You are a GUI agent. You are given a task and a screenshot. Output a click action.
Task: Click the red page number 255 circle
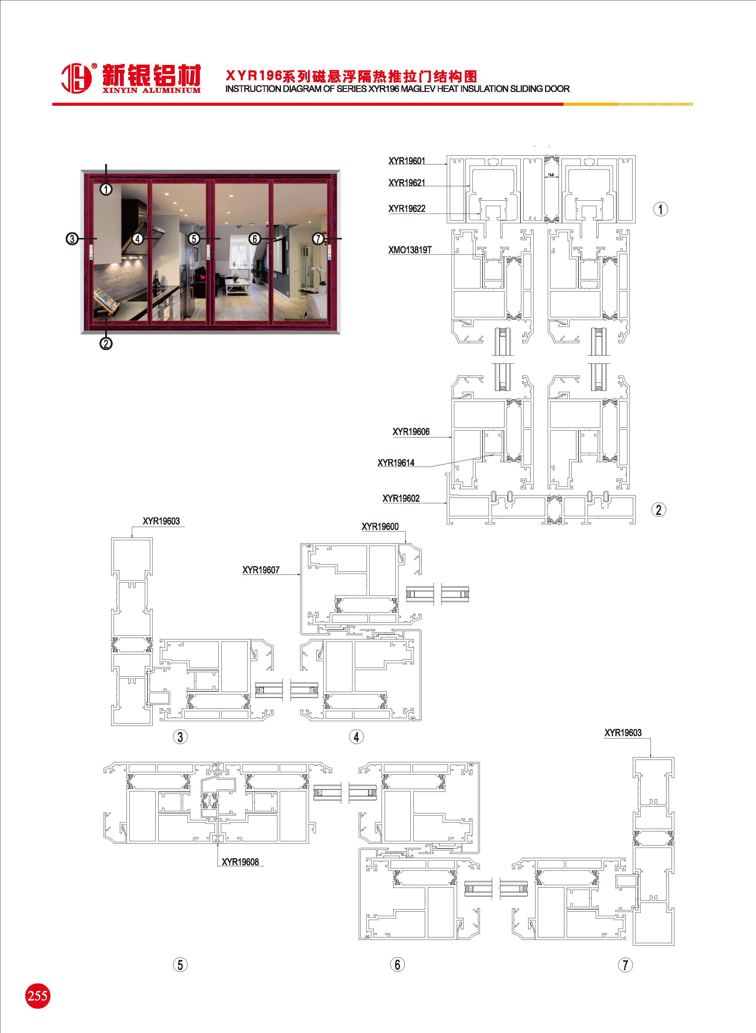point(38,995)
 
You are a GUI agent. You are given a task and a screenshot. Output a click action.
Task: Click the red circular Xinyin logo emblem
point(76,78)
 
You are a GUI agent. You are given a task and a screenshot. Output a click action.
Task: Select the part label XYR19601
point(407,161)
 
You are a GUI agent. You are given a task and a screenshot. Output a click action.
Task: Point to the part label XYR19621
point(407,183)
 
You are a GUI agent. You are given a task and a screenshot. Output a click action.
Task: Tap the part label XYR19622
point(407,209)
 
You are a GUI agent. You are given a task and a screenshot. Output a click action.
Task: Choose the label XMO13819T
point(410,250)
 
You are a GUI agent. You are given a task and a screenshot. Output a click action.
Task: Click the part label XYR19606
point(411,432)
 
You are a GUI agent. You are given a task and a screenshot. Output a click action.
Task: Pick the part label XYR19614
point(396,463)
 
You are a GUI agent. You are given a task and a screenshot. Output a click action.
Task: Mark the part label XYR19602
point(401,499)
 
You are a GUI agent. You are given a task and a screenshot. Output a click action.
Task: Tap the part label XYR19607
point(261,570)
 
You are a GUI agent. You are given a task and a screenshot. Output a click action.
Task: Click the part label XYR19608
point(240,862)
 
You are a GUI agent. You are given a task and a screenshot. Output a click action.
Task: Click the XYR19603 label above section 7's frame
point(623,733)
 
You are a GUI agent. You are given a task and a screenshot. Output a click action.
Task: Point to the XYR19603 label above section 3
point(161,521)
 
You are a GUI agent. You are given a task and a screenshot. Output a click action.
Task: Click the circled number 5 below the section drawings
point(180,965)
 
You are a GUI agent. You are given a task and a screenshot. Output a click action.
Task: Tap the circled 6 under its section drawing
point(397,964)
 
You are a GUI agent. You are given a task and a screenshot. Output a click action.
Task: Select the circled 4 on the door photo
point(138,239)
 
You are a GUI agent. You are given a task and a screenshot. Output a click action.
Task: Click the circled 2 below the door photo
point(106,343)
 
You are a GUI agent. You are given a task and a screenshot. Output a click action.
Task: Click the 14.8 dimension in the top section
point(551,175)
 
